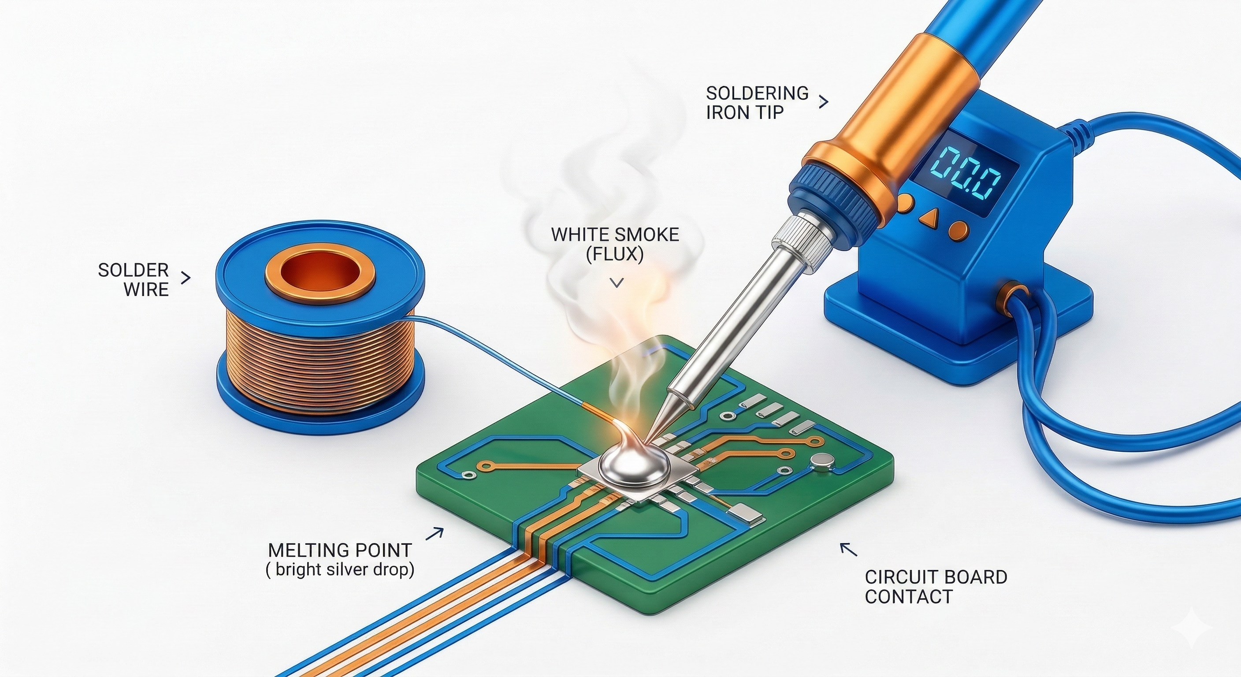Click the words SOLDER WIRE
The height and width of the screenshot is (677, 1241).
click(x=134, y=279)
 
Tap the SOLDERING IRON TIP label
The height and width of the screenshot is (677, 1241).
click(x=757, y=102)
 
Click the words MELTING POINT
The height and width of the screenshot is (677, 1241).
click(x=340, y=550)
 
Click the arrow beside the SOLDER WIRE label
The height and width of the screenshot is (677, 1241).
click(x=186, y=278)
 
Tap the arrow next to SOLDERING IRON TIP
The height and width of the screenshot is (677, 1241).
click(x=823, y=102)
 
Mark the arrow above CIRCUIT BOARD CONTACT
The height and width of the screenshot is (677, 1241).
click(x=848, y=550)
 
